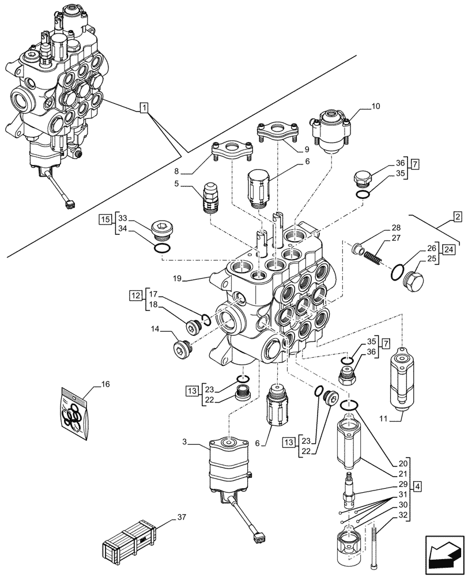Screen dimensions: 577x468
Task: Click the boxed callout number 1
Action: coord(144,107)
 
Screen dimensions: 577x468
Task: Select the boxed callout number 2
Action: coord(456,218)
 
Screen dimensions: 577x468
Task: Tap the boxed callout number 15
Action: coord(104,219)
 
